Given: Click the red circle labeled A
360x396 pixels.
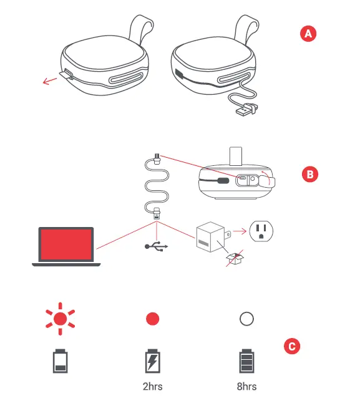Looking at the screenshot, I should (x=306, y=34).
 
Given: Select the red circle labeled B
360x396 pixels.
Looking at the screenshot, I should (x=309, y=174).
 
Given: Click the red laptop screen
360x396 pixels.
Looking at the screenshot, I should (x=66, y=245).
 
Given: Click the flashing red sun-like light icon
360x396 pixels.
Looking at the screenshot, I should (x=60, y=319).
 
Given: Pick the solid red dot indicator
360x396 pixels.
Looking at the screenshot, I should (x=152, y=319).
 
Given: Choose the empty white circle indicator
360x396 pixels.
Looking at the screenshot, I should (x=246, y=319).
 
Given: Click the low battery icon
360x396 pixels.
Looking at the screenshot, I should (x=60, y=361).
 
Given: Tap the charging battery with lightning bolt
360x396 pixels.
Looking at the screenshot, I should (x=153, y=361).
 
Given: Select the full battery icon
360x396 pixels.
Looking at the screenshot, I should (x=247, y=361).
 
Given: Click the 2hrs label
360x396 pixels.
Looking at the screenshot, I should (x=153, y=387).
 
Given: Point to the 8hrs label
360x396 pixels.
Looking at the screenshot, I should (x=247, y=387).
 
